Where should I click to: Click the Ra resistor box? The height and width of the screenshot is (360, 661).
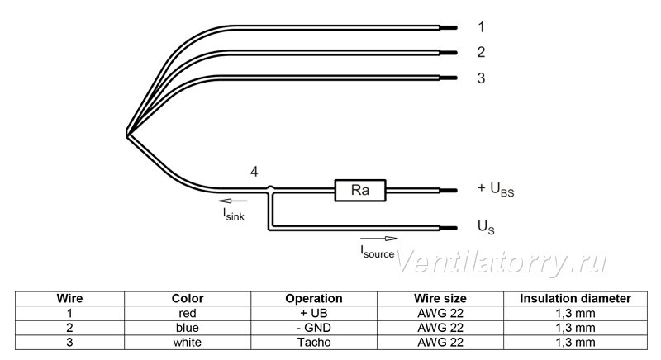point(360,190)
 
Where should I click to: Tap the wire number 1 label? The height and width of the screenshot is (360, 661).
point(482,27)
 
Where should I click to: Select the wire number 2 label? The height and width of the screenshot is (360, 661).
point(482,52)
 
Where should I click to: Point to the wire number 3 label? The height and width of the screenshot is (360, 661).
point(482,78)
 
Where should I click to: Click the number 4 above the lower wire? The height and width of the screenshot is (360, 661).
point(254,172)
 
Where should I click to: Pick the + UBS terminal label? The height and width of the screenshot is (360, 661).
point(496,189)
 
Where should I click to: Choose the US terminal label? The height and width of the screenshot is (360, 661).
point(486,227)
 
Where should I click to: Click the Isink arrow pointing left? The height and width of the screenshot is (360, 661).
point(233,201)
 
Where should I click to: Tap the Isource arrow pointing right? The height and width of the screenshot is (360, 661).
point(379,239)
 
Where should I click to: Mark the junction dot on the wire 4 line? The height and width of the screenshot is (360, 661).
point(271,189)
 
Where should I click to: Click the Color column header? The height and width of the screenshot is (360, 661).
point(188,299)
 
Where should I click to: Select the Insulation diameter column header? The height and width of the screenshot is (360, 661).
point(575,299)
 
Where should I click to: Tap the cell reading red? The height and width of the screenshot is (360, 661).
point(188,313)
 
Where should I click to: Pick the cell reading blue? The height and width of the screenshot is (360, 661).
point(188,328)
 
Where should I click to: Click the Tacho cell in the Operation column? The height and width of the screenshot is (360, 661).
point(314,343)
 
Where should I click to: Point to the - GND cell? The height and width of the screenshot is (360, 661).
point(314,328)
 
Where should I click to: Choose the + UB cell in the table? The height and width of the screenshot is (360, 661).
point(314,313)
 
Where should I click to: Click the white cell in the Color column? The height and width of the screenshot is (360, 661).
point(188,343)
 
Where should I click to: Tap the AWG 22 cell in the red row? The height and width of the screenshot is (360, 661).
point(440,313)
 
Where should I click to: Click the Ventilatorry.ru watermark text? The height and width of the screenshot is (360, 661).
point(501,262)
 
